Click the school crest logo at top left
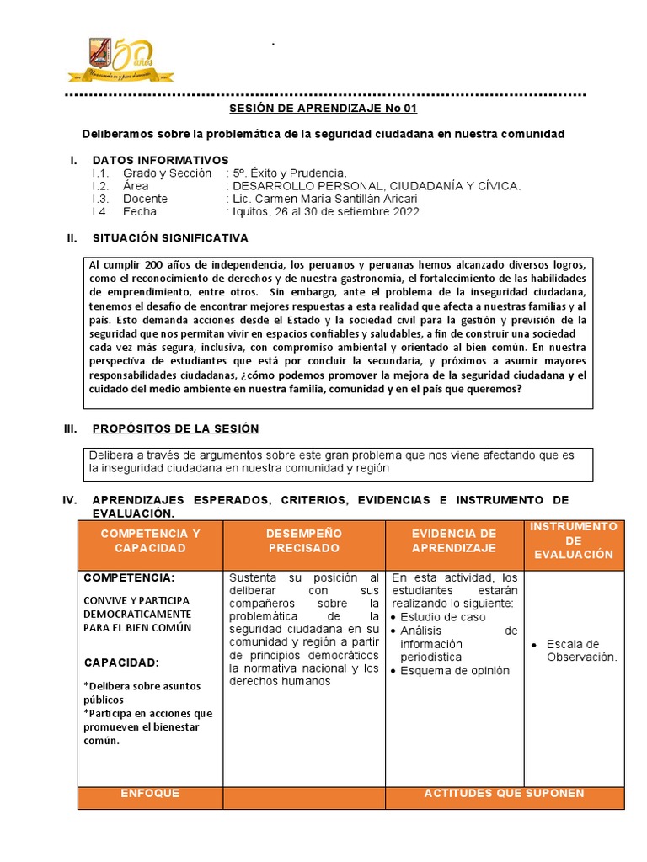coord(102,56)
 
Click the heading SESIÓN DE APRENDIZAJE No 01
coord(323,109)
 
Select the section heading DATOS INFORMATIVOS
coord(160,160)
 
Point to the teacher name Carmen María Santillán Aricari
coord(328,199)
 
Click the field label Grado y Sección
coord(167,173)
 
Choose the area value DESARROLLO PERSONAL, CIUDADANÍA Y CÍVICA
coord(377,186)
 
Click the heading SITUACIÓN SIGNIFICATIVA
coord(170,238)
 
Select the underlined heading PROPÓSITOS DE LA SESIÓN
coord(175,428)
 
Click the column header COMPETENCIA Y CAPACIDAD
coord(150,540)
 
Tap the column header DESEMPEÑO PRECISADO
coord(304,540)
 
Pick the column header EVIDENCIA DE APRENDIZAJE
coord(454,540)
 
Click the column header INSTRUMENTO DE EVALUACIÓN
coord(574,540)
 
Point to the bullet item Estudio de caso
coord(443,617)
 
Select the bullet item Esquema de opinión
coord(455,671)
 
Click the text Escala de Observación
coord(581,651)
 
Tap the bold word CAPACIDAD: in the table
coord(121,662)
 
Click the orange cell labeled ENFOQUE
coord(150,794)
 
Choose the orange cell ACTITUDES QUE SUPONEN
coord(504,794)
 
